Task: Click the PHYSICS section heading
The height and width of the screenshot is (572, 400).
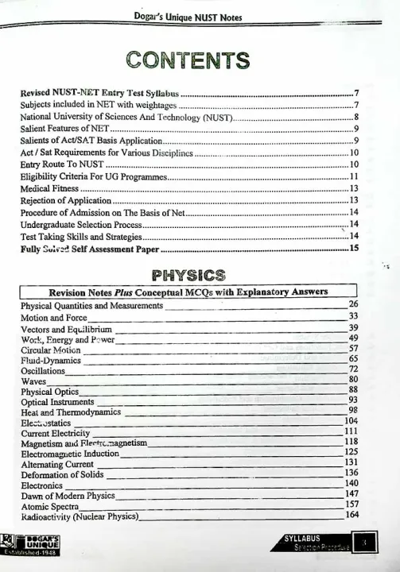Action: [188, 276]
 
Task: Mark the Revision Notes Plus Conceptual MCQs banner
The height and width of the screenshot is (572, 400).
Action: [188, 292]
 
